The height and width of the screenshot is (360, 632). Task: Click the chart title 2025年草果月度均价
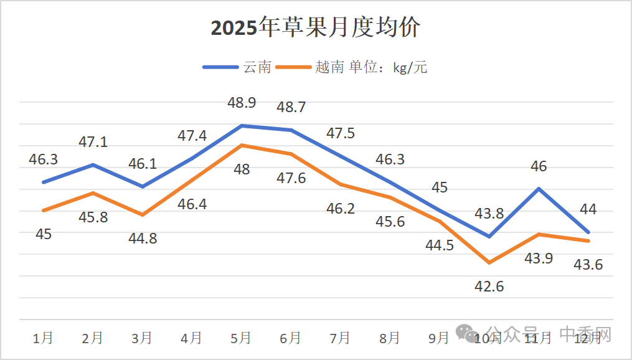pos(316,29)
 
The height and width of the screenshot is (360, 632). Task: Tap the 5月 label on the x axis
pos(241,338)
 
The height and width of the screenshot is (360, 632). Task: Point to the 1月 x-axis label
pos(43,338)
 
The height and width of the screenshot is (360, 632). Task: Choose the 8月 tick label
pos(390,338)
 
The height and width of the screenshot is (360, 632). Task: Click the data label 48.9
pos(242,103)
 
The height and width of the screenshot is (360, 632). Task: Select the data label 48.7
pos(291,107)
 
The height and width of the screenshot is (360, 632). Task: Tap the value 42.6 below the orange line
pos(489,287)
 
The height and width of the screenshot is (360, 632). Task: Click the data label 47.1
pos(93,142)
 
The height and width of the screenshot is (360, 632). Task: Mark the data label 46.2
pos(341,209)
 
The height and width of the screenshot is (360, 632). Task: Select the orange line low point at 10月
pos(489,263)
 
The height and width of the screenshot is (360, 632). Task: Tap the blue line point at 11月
pos(539,188)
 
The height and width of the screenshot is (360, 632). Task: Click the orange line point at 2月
pos(93,193)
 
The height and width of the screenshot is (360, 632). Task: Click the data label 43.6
pos(588,265)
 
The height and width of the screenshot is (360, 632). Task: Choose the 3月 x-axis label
pos(142,338)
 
